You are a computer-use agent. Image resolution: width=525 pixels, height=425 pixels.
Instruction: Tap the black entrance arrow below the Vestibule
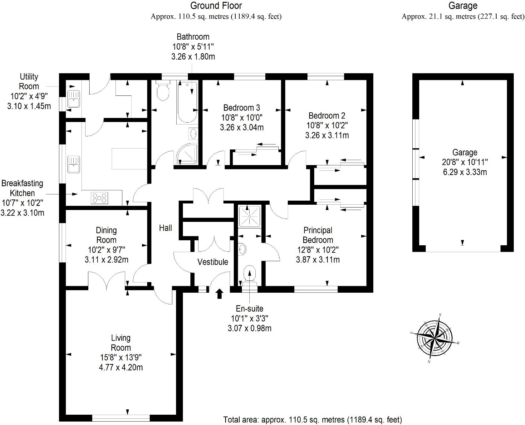click(219, 293)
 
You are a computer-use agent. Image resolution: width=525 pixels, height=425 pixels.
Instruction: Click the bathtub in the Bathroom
click(187, 102)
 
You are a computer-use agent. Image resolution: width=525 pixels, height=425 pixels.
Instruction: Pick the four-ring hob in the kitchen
click(100, 198)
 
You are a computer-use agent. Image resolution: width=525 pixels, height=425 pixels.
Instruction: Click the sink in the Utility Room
click(74, 99)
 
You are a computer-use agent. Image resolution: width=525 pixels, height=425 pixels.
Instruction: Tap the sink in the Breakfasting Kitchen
click(74, 164)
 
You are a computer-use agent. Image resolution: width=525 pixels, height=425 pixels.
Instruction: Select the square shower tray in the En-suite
click(250, 216)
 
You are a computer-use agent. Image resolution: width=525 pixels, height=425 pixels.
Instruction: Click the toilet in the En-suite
click(250, 274)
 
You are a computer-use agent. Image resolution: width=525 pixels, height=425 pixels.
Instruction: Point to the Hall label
click(165, 228)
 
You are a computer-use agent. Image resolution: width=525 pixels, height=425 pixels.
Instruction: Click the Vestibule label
click(213, 262)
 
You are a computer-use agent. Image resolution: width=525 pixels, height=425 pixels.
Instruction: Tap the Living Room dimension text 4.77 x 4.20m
click(121, 367)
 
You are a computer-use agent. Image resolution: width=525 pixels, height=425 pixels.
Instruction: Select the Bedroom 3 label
click(242, 108)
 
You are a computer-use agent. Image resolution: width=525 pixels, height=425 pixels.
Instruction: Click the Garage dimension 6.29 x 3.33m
click(465, 172)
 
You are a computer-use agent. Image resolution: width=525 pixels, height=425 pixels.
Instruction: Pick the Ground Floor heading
click(216, 6)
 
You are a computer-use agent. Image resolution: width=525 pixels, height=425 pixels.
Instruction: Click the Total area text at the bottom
click(312, 420)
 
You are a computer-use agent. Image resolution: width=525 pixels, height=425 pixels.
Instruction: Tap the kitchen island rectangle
click(129, 159)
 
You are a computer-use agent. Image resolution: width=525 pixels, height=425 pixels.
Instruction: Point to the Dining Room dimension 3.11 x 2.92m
click(106, 259)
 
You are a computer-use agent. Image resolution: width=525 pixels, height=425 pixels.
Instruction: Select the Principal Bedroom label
click(318, 235)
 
